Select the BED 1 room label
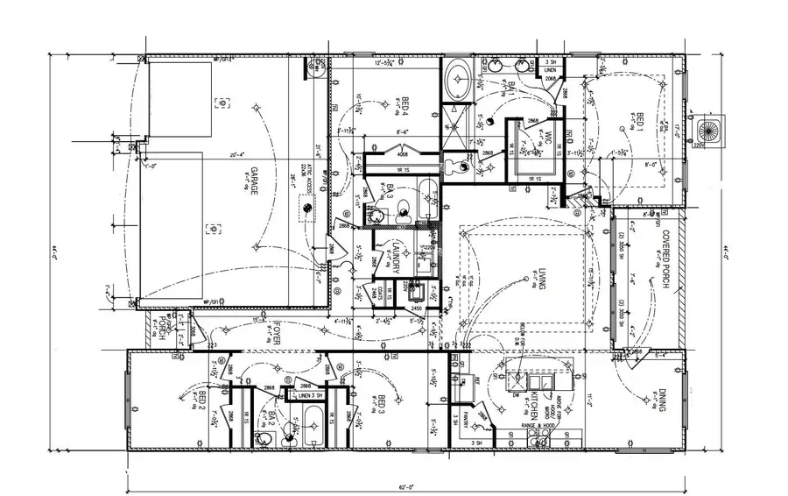[x=639, y=124]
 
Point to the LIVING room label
[x=544, y=280]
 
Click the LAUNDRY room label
[x=395, y=256]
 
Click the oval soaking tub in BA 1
[x=456, y=81]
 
